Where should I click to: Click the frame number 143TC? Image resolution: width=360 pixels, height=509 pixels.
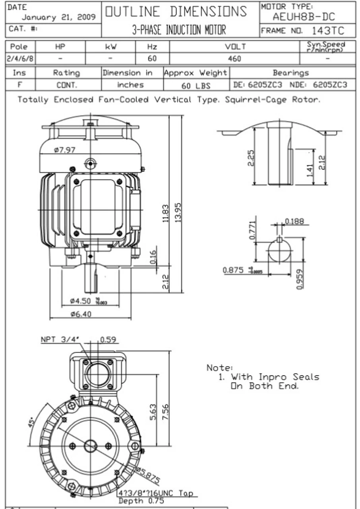click(328, 31)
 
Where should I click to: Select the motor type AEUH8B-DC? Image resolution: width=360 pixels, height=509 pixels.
click(304, 17)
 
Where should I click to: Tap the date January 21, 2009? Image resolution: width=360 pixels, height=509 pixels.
click(58, 17)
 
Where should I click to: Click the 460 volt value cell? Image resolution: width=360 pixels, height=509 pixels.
click(235, 58)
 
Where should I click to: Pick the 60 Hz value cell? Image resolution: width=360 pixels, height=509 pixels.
click(152, 58)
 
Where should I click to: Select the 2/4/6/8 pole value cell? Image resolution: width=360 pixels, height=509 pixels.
click(20, 58)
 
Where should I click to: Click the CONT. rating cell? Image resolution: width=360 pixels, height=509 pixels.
click(66, 85)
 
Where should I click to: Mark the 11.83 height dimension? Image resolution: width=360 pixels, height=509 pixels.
click(166, 214)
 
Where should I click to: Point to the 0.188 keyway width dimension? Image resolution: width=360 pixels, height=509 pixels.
click(294, 221)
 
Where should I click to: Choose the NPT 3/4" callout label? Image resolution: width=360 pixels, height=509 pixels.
click(60, 340)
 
